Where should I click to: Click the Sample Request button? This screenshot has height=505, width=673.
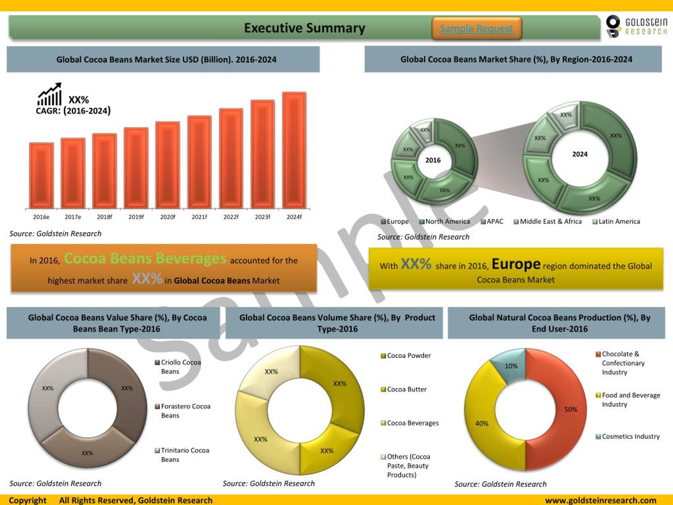click(x=476, y=28)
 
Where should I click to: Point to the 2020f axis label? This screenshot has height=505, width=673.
click(x=168, y=217)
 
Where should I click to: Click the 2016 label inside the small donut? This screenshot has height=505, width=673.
click(x=433, y=160)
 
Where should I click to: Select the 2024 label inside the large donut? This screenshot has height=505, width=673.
click(x=580, y=154)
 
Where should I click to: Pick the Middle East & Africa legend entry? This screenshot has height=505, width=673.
click(x=548, y=221)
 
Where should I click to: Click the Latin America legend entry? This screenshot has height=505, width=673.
click(x=616, y=221)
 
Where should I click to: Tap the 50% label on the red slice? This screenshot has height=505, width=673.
click(x=570, y=410)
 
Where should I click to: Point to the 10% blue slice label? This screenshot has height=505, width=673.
click(x=511, y=366)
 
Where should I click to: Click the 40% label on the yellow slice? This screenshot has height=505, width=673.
click(x=482, y=423)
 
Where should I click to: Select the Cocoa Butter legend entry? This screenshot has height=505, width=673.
click(x=404, y=389)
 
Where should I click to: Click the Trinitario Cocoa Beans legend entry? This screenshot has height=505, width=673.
click(x=182, y=454)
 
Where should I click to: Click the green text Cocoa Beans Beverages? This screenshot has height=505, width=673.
click(x=145, y=259)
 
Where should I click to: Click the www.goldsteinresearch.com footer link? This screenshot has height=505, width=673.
click(x=601, y=500)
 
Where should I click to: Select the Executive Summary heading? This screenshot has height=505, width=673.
click(x=304, y=28)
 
